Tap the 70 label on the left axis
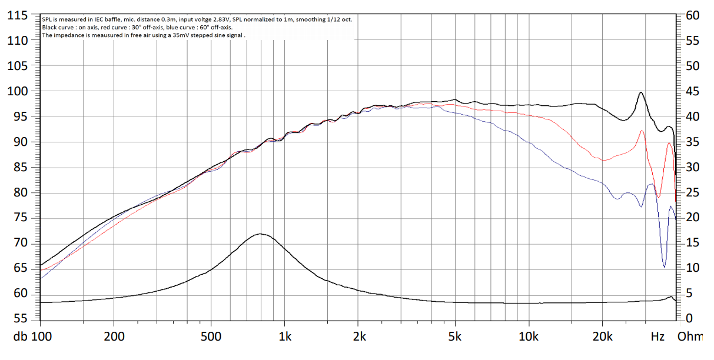[x=21, y=243]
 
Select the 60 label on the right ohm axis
[x=693, y=15]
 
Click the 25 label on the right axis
[x=693, y=193]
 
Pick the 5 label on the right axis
[x=689, y=294]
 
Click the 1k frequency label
[x=285, y=337]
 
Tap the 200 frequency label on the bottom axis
[x=114, y=337]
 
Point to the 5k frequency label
[x=454, y=337]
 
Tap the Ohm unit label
[x=690, y=337]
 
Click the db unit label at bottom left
[x=21, y=337]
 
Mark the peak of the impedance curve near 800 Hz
[x=261, y=234]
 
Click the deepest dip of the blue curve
[x=665, y=267]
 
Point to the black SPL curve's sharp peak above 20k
[x=640, y=92]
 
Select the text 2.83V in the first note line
[x=214, y=19]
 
